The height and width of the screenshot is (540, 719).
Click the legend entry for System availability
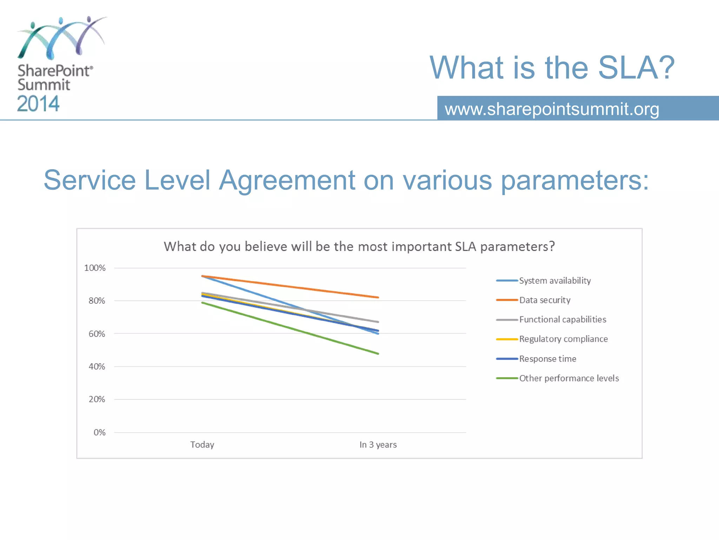pos(555,281)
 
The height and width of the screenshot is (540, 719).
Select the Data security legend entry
pos(545,300)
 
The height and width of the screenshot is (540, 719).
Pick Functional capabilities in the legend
pos(562,319)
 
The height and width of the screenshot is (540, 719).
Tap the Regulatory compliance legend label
pos(563,339)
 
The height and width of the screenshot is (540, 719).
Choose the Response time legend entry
pos(547,359)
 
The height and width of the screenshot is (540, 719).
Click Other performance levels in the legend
pos(569,378)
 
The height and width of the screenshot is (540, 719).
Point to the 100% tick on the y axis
pos(95,268)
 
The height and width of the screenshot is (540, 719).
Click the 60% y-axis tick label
pos(97,334)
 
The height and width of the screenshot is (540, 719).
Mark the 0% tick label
pos(99,432)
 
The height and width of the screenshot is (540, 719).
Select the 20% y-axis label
pos(97,399)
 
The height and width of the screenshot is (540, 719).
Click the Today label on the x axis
pos(202,445)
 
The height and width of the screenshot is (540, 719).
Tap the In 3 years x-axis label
pos(378,445)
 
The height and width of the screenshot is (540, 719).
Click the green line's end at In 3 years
pos(378,353)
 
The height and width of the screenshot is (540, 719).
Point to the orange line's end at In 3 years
pos(378,297)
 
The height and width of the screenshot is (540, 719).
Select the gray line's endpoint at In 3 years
pos(378,322)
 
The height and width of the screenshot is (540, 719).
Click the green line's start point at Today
pos(203,303)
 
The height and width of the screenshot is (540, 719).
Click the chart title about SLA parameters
pos(359,246)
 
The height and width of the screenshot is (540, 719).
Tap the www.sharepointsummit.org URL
pos(552,109)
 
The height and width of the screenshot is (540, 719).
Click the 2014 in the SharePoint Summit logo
pos(38,104)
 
